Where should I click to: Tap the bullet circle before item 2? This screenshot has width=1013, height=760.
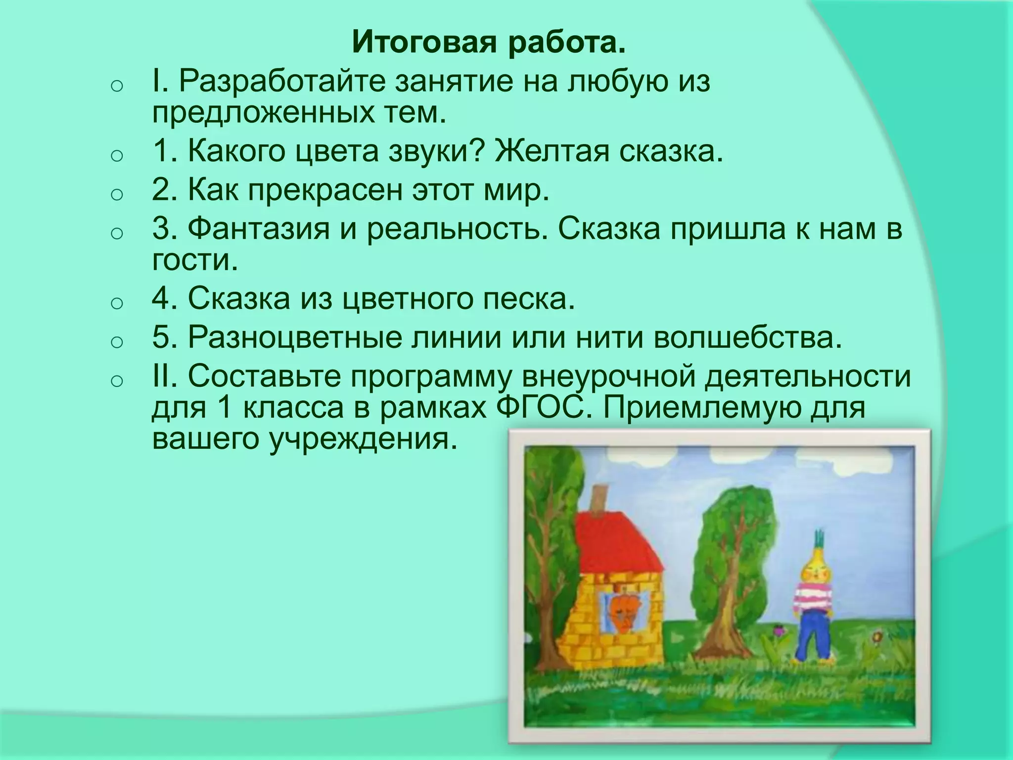pyautogui.click(x=116, y=194)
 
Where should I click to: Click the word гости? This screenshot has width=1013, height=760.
pyautogui.click(x=195, y=261)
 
